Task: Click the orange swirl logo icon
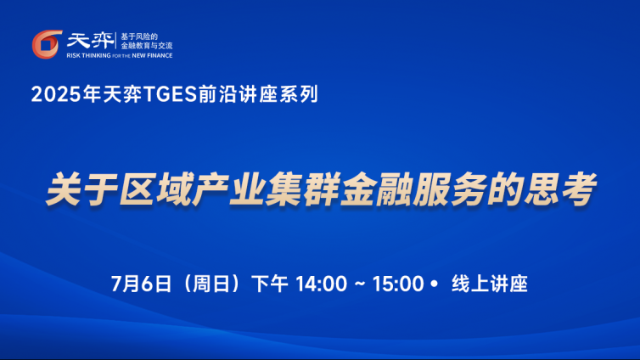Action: (x=47, y=44)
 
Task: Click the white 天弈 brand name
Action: (x=90, y=41)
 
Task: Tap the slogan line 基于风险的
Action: (x=139, y=37)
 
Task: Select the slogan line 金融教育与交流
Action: (x=147, y=46)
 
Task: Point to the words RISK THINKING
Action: (x=88, y=55)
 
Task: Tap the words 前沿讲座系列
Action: (x=258, y=94)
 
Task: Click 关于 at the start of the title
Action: (x=81, y=189)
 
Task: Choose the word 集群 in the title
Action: (x=302, y=189)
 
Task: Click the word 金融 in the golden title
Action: (x=376, y=189)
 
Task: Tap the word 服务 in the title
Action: (x=450, y=189)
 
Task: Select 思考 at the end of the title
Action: (x=560, y=189)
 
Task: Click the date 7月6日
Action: (x=141, y=284)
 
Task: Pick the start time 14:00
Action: (x=321, y=284)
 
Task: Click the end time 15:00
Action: (x=398, y=284)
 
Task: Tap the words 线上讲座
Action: (x=490, y=284)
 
